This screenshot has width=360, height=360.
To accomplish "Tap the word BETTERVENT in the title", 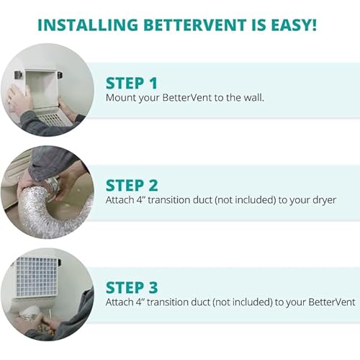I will coord(197,26).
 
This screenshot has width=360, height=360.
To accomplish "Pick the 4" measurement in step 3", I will coord(148,304).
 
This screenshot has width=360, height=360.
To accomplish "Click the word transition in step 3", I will coord(180,304).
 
